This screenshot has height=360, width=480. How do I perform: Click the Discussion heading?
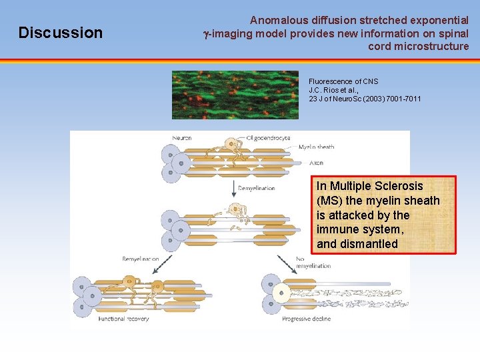[x=61, y=33]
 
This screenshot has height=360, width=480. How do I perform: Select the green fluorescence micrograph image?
[x=235, y=95]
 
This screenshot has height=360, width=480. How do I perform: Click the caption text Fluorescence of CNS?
[x=343, y=81]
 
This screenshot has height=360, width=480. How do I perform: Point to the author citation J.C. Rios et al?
[x=334, y=90]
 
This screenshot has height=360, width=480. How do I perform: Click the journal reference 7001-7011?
[x=402, y=99]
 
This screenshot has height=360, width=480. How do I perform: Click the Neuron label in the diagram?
[x=181, y=138]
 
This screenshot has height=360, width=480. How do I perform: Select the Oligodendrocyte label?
[x=268, y=138]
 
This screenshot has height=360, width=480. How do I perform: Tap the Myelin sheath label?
[x=316, y=147]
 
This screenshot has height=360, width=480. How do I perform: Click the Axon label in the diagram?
[x=316, y=162]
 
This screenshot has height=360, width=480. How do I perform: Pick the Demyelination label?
[x=257, y=188]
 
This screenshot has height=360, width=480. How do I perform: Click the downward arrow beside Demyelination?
[x=233, y=187]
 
